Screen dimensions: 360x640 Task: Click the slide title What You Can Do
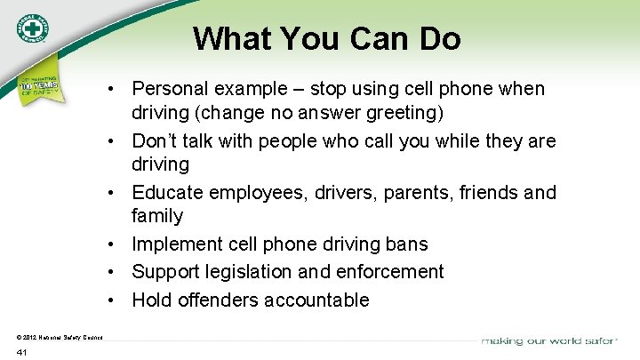pos(327,38)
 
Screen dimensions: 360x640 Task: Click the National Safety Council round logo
pos(31,28)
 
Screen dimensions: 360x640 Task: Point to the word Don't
pos(155,140)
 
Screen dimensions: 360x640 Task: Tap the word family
pos(157,215)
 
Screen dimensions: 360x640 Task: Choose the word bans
pos(406,244)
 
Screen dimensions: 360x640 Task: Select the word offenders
pos(216,300)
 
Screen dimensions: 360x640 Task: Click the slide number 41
pos(22,352)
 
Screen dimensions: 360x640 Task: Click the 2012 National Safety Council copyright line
pos(60,335)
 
